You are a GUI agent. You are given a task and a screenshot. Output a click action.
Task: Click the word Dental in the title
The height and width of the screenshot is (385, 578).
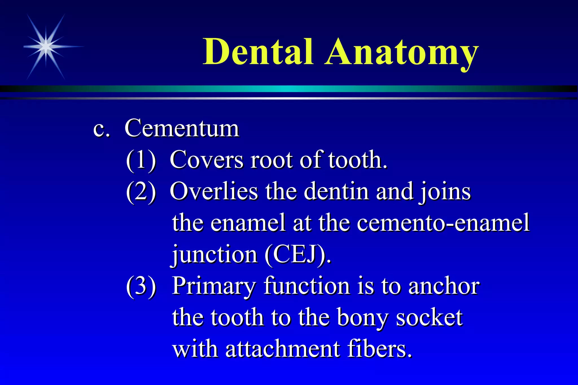(x=258, y=52)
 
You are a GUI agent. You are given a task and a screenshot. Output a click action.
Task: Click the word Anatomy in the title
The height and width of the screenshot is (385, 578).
(x=401, y=54)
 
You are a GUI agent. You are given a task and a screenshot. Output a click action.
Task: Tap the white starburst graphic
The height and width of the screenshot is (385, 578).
(x=46, y=47)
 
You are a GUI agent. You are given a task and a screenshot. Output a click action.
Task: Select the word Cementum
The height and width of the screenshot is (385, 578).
(x=182, y=128)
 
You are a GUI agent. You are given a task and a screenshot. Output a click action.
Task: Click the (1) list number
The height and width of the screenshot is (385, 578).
(x=141, y=160)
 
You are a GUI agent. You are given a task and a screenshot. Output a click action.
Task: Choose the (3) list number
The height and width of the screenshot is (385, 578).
(x=141, y=286)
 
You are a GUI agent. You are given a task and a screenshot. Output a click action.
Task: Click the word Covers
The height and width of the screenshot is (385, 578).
(x=206, y=160)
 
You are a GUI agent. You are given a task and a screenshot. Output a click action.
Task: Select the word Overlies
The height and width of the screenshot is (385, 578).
(x=214, y=192)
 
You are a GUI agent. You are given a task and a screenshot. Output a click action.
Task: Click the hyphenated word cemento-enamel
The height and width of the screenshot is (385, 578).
(x=443, y=223)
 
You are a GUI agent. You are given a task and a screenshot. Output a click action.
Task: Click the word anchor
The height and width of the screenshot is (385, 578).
(x=444, y=286)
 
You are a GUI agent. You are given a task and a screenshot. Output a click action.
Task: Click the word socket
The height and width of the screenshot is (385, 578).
(x=429, y=318)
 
